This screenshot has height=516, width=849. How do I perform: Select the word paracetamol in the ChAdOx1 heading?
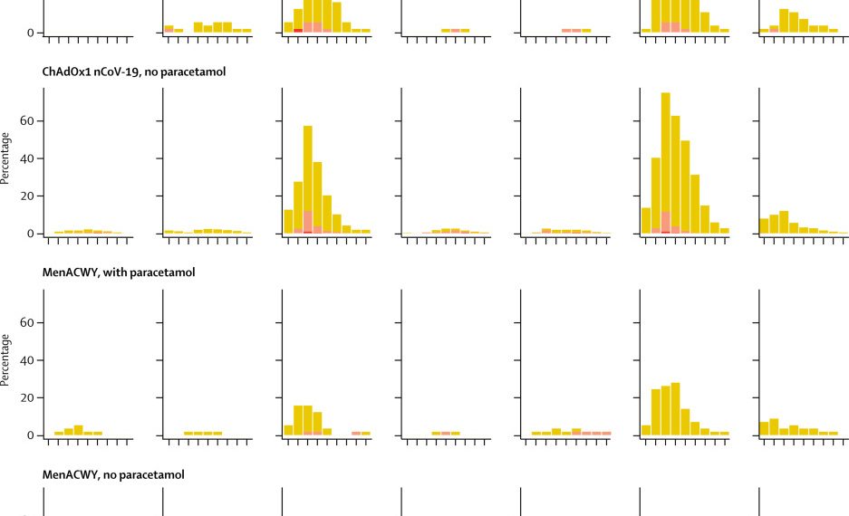196,71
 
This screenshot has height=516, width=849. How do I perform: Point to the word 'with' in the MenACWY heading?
112,272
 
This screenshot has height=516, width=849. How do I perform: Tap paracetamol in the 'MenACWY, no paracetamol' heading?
155,473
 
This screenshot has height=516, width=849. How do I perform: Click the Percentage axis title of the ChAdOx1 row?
6,158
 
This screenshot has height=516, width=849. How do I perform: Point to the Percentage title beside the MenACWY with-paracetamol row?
6,360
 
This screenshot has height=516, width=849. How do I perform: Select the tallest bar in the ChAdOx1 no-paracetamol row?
666,163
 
